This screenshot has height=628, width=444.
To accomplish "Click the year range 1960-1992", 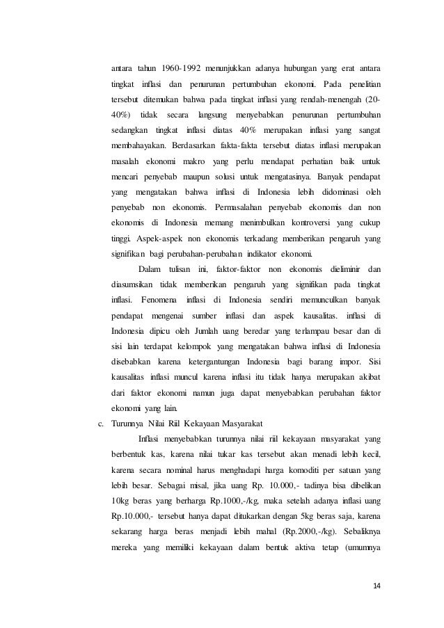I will pyautogui.click(x=185, y=68).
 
